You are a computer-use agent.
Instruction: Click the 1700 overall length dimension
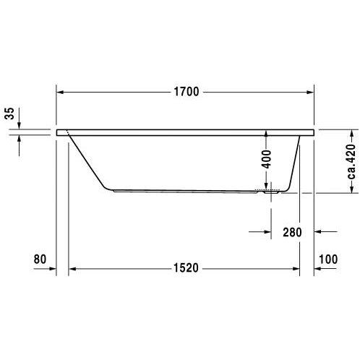pyautogui.click(x=187, y=92)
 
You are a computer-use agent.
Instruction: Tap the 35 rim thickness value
pyautogui.click(x=9, y=113)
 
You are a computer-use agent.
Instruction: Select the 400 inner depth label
pyautogui.click(x=267, y=159)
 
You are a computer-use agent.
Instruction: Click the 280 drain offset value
pyautogui.click(x=292, y=233)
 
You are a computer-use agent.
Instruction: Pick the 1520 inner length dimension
pyautogui.click(x=186, y=268)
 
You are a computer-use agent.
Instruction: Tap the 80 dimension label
pyautogui.click(x=40, y=260)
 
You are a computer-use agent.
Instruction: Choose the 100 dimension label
pyautogui.click(x=328, y=260)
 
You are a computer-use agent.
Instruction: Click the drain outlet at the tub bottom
pyautogui.click(x=271, y=192)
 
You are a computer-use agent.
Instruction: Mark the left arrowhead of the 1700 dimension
pyautogui.click(x=60, y=92)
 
